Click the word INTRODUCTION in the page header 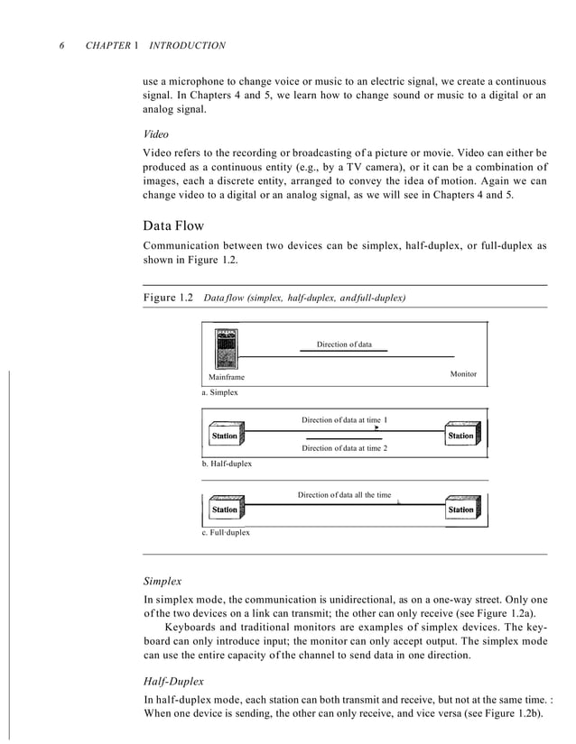187,45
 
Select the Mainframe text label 227,377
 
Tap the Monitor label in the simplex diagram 462,373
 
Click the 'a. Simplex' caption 220,394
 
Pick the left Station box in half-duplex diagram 223,436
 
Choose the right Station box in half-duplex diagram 460,436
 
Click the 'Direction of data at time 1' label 344,420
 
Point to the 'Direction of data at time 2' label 344,448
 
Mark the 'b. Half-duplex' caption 227,464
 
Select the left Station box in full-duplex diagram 223,510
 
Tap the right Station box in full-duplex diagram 460,510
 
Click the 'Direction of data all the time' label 344,495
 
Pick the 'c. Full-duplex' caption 226,533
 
